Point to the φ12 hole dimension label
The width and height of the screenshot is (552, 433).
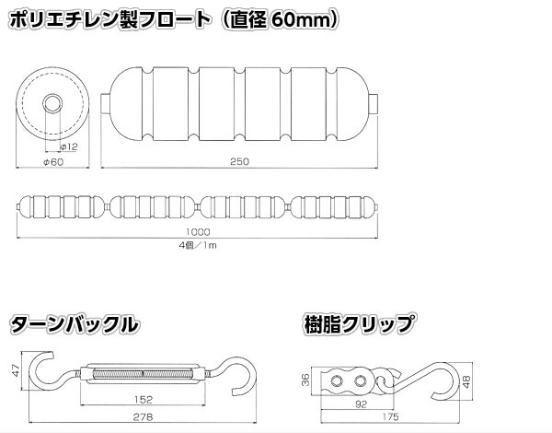point(67,146)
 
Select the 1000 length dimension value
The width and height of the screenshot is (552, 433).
point(196,233)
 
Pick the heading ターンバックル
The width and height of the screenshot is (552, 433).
point(75,324)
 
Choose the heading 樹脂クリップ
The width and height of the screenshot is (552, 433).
point(358,324)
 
